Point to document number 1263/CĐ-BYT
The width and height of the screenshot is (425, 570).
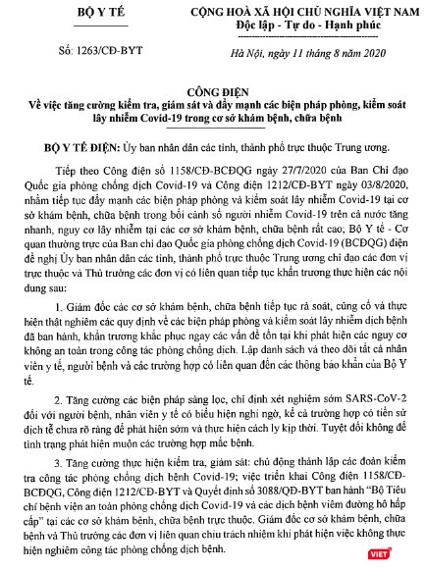pos(69,50)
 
